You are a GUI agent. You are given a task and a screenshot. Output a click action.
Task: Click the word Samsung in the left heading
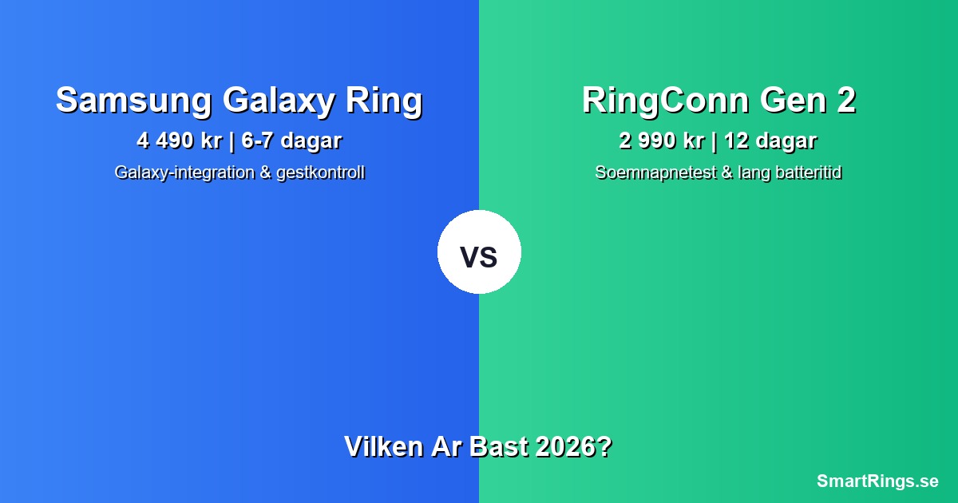pos(133,101)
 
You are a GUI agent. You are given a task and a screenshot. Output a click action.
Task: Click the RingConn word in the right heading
pos(666,101)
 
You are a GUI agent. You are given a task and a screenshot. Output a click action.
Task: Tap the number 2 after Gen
pos(845,101)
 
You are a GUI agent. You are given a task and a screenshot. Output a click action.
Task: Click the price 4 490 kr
pos(179,141)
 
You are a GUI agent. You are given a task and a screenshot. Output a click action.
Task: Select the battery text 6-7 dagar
pos(291,141)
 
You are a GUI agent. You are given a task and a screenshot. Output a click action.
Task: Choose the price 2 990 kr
pos(661,141)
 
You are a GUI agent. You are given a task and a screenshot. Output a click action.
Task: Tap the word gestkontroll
pos(320,172)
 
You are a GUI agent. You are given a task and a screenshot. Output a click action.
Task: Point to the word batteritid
pos(803,172)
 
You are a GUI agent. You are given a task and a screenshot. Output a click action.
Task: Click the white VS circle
pos(479,252)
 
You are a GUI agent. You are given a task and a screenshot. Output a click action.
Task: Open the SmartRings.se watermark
pos(877,481)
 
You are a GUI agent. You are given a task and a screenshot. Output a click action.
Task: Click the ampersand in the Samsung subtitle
pos(265,172)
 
